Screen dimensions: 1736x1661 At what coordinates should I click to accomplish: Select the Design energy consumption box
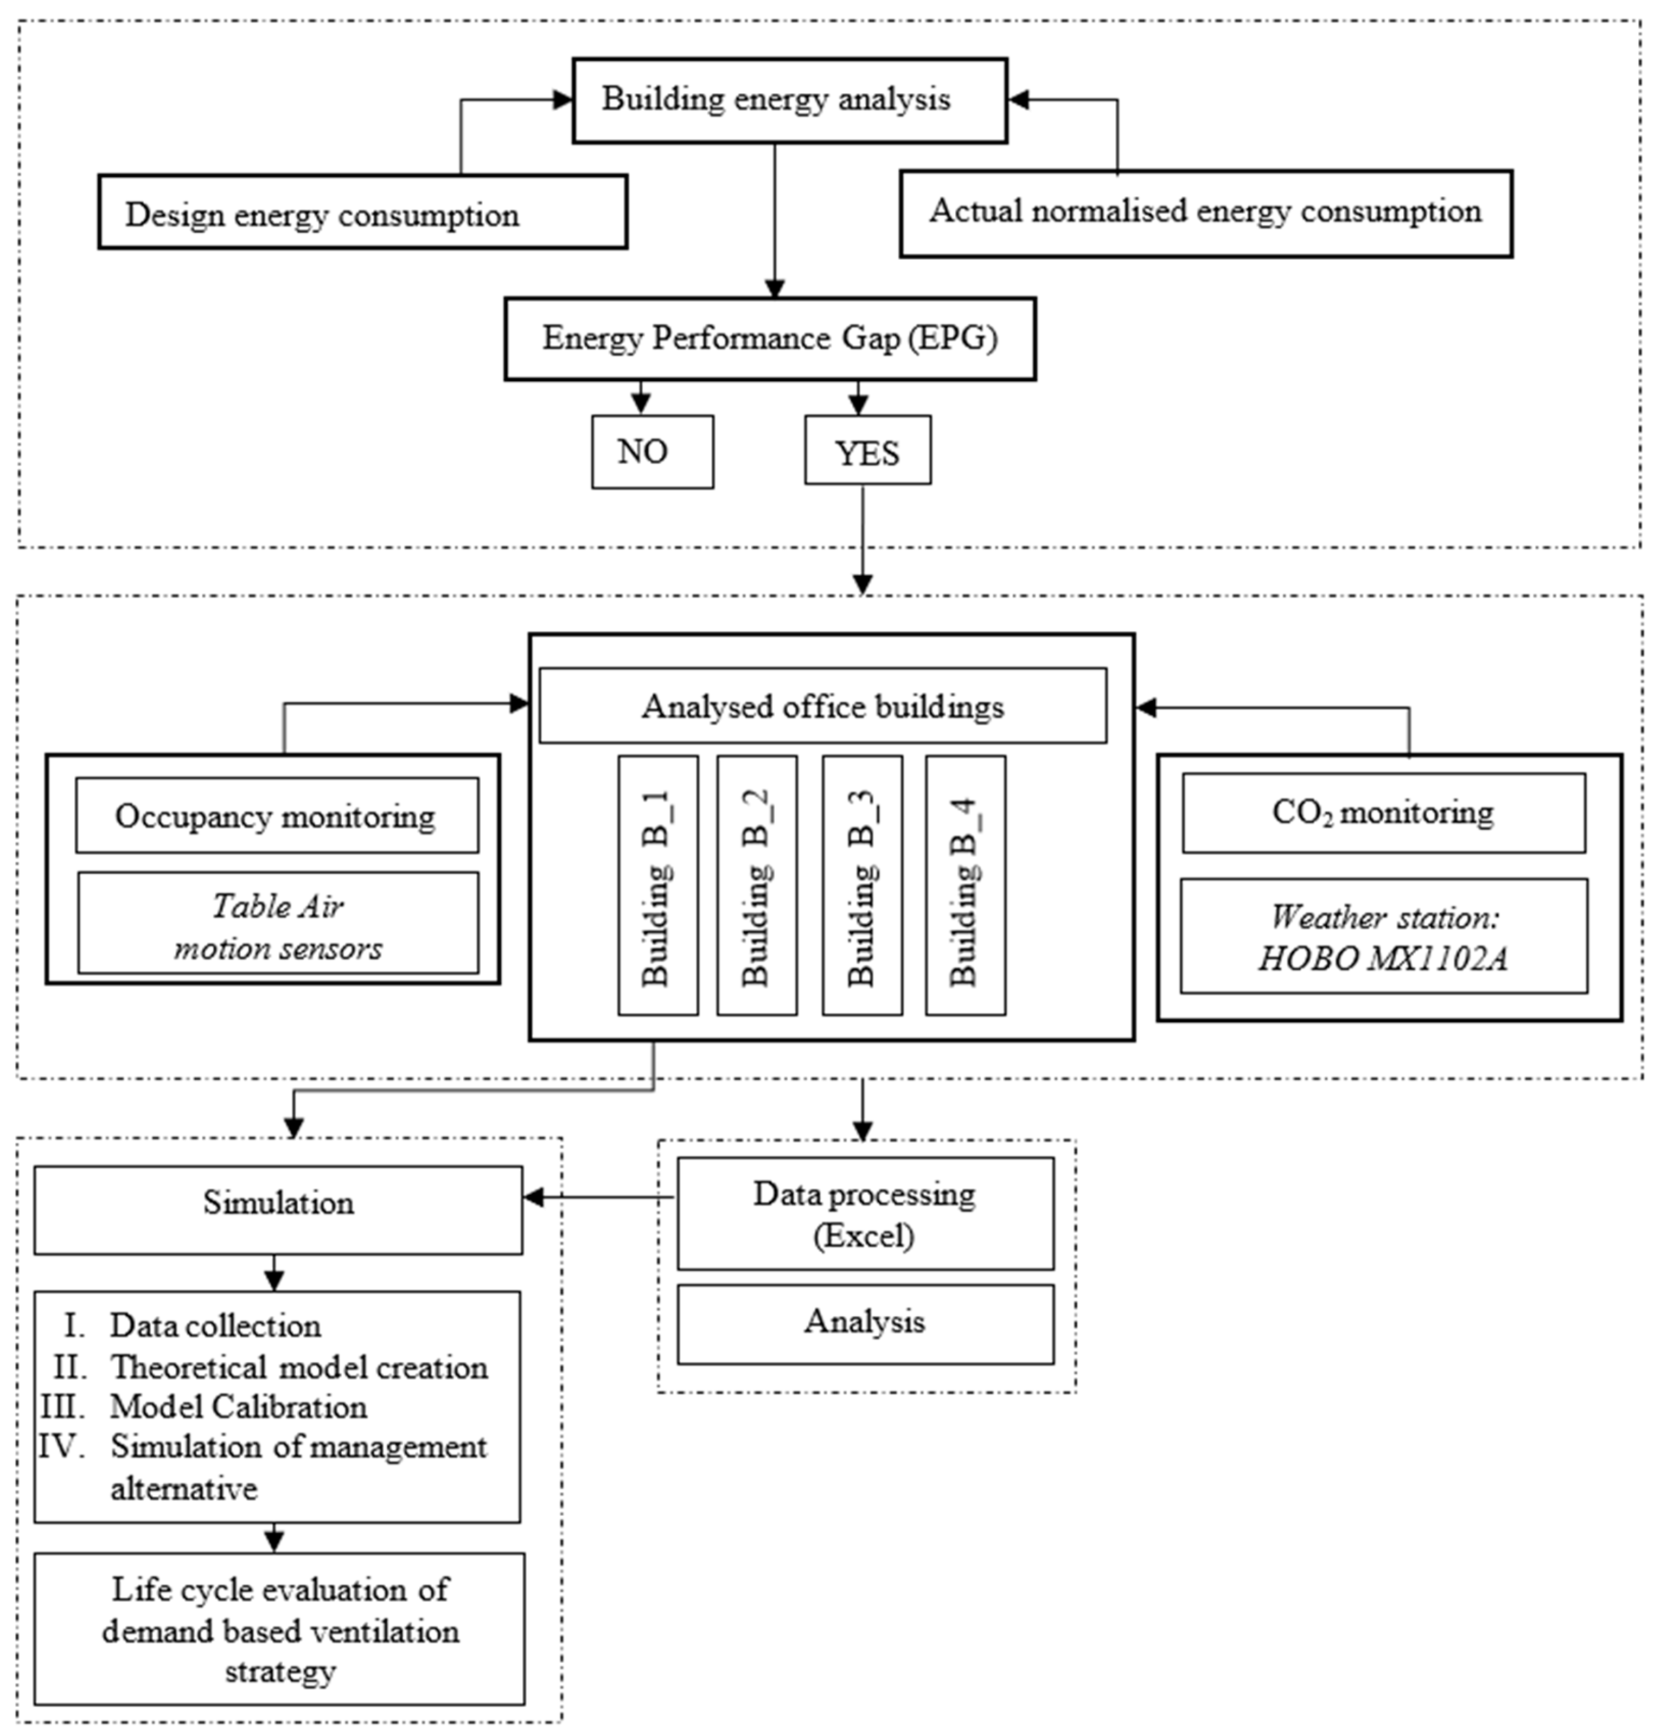point(362,213)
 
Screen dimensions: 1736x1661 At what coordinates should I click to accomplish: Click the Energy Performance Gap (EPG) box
point(769,339)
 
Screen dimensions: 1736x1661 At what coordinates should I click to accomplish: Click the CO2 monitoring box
point(1383,812)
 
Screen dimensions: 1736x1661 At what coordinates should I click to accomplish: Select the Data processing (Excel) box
point(865,1213)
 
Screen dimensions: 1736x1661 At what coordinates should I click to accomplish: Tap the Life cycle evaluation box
point(279,1630)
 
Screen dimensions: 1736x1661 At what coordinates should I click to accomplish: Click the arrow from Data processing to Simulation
point(602,1198)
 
